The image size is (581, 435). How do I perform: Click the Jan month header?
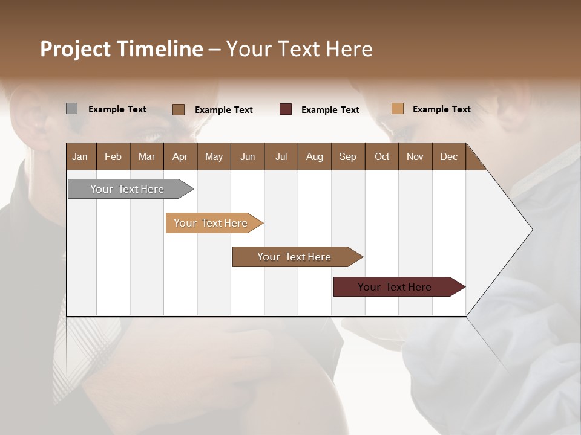pos(80,156)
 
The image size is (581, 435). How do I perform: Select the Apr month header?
pos(180,156)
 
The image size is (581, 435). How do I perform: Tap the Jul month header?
pos(281,156)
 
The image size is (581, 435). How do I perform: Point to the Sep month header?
pos(347,156)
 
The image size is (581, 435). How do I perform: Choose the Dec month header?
pos(448,156)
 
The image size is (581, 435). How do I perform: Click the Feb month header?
pos(113,156)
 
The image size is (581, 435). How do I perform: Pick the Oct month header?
pos(382,156)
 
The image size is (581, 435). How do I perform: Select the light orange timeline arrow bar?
pos(212,223)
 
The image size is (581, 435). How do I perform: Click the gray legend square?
pos(71,109)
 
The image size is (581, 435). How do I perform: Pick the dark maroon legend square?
pos(286,109)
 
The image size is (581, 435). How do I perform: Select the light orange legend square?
pos(397,109)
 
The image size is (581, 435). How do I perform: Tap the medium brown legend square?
pos(179,109)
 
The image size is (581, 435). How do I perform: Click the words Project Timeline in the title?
pos(122,49)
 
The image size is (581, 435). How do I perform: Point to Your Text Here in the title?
pos(299,49)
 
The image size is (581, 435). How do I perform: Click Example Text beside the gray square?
pos(117,109)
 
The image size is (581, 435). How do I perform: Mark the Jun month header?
pos(248,156)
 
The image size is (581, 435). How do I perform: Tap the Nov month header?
pos(415,156)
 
